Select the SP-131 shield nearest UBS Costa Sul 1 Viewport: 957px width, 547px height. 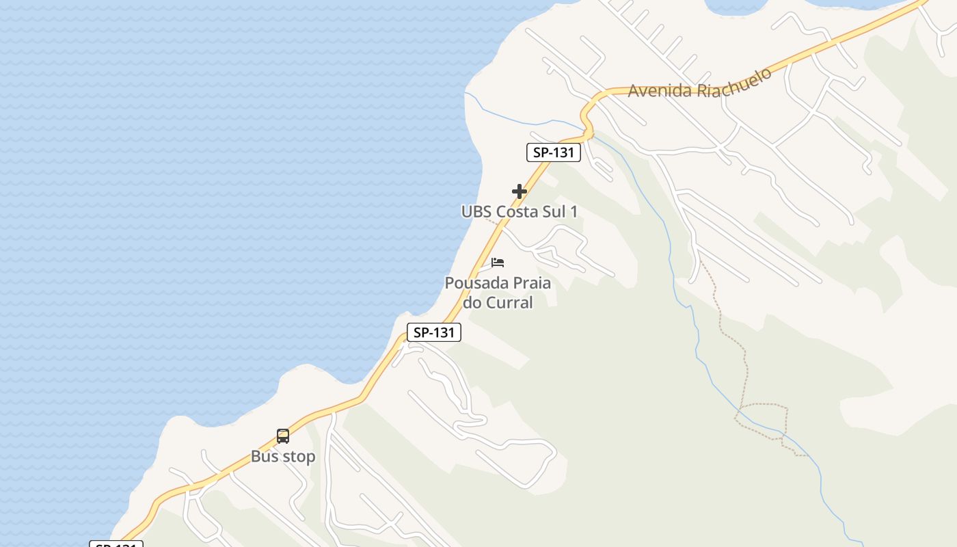pyautogui.click(x=553, y=152)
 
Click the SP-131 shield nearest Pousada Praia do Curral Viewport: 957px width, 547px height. pyautogui.click(x=434, y=333)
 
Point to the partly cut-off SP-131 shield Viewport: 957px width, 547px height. pyautogui.click(x=116, y=544)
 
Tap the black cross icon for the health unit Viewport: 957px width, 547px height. pyautogui.click(x=520, y=191)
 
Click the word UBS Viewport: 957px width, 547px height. pyautogui.click(x=476, y=212)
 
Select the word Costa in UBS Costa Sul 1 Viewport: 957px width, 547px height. pyautogui.click(x=517, y=212)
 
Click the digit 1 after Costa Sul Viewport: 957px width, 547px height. pyautogui.click(x=574, y=212)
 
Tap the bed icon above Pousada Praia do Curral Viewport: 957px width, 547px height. pyautogui.click(x=498, y=262)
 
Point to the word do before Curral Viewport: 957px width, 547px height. pyautogui.click(x=472, y=302)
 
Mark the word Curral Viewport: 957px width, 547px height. pyautogui.click(x=509, y=302)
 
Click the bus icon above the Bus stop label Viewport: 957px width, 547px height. pyautogui.click(x=283, y=436)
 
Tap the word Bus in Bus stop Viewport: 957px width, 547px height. pyautogui.click(x=264, y=457)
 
